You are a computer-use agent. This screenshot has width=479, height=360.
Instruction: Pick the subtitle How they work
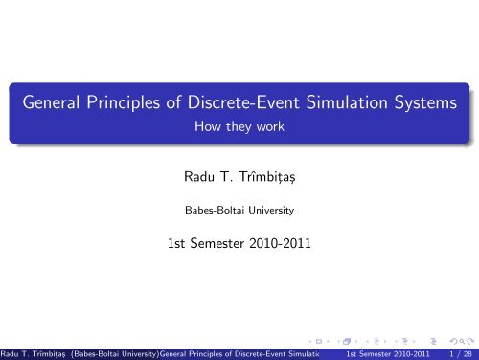[239, 125]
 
